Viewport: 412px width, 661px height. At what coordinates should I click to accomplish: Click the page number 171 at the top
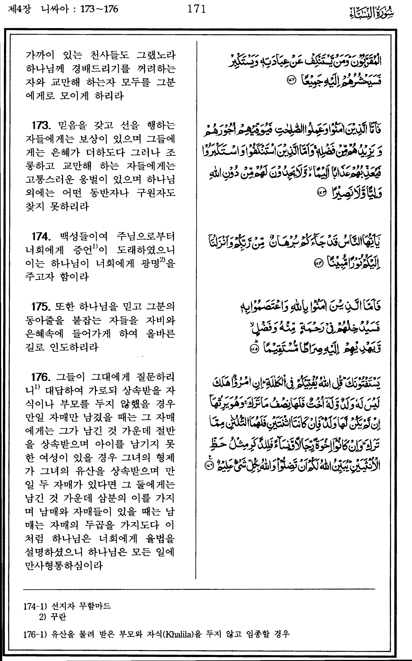click(x=196, y=9)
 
